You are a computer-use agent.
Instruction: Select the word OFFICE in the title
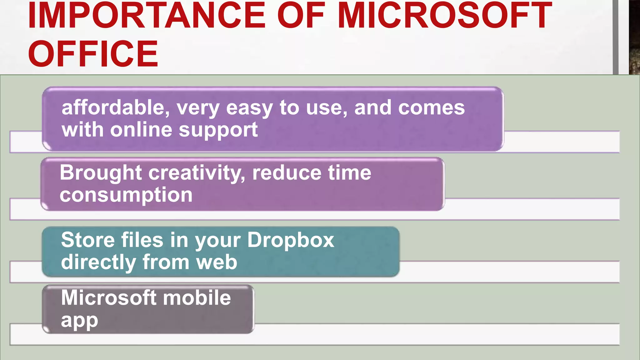point(93,54)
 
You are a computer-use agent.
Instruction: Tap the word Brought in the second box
point(101,173)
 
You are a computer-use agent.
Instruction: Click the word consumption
point(126,195)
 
